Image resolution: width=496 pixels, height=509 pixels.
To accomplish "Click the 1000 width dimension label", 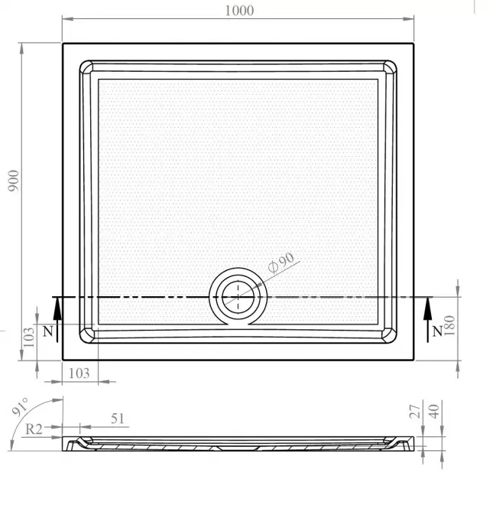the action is point(239,11).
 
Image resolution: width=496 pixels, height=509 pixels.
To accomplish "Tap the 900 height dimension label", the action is point(14,181).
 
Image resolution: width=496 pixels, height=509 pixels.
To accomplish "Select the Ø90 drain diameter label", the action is point(281,263).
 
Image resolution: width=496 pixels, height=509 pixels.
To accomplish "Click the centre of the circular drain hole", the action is point(238,297).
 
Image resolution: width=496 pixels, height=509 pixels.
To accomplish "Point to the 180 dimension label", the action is point(450,325).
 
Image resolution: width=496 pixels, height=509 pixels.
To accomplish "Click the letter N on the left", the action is point(48,331).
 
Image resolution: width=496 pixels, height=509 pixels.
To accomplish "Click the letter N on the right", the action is point(437,331).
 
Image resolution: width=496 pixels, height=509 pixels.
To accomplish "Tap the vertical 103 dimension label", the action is point(29,337).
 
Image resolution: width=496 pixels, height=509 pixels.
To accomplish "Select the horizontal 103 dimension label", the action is point(79,374).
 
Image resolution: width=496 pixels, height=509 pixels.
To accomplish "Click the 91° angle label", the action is point(20,406).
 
